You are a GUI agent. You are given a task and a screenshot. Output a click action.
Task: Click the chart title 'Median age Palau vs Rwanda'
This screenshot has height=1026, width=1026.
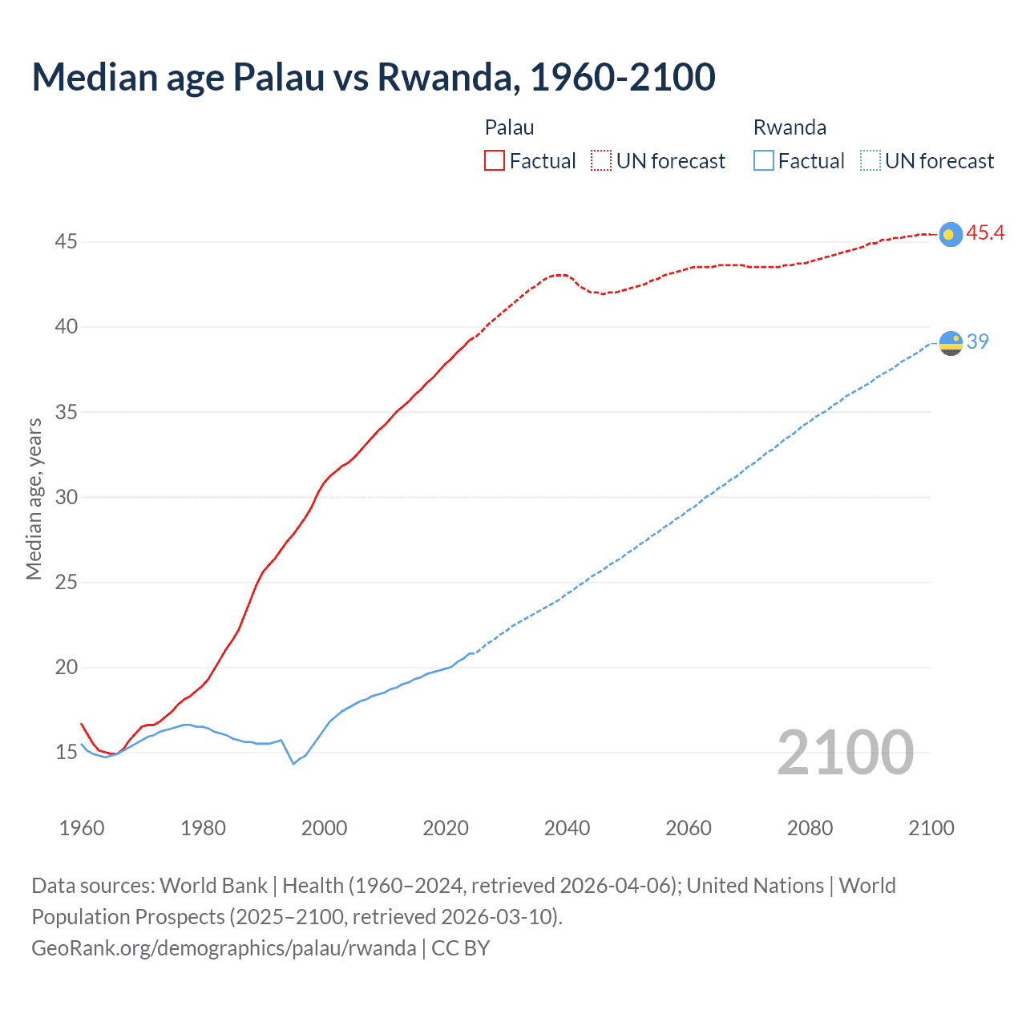click(x=373, y=77)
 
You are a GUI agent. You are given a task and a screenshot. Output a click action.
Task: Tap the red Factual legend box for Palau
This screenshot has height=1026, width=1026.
click(x=495, y=161)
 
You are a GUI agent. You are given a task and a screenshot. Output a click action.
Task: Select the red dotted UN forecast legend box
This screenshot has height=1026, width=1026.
click(x=601, y=161)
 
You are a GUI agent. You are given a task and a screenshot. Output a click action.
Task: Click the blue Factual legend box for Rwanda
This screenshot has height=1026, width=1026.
click(x=763, y=161)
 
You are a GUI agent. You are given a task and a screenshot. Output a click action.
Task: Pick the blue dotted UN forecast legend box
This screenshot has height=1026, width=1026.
click(x=870, y=161)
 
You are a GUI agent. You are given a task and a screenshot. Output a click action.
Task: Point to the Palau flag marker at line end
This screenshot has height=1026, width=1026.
click(x=950, y=234)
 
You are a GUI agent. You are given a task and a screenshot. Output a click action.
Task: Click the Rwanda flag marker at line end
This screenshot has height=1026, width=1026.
click(x=950, y=343)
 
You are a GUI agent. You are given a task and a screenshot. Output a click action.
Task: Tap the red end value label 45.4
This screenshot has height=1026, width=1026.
click(x=985, y=233)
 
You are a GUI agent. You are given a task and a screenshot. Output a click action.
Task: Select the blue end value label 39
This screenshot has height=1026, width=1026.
click(x=978, y=341)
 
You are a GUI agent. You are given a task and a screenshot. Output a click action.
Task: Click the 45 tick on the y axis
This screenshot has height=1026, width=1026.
click(x=66, y=241)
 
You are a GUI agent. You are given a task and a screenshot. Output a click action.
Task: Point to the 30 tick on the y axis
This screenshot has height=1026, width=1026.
click(x=66, y=497)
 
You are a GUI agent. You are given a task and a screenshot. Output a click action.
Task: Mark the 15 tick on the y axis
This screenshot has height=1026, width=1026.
click(x=66, y=753)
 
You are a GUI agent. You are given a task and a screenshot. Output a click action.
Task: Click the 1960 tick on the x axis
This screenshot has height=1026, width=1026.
click(x=82, y=828)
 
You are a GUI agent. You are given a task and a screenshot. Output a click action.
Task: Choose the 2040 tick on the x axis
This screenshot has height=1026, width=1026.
click(x=567, y=828)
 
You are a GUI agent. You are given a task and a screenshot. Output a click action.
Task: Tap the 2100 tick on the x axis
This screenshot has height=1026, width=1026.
click(x=931, y=828)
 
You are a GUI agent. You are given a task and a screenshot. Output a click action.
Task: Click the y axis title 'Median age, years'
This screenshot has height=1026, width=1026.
click(x=34, y=499)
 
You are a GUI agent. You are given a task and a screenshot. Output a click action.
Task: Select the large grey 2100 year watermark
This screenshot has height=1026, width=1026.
click(x=845, y=753)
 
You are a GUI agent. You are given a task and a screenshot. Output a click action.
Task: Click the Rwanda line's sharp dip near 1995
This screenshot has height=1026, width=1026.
click(x=293, y=764)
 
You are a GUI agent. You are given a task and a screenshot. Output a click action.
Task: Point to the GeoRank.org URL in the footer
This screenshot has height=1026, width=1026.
click(x=224, y=948)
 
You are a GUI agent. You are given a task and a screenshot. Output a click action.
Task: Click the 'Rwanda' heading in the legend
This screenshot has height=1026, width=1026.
click(x=790, y=127)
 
